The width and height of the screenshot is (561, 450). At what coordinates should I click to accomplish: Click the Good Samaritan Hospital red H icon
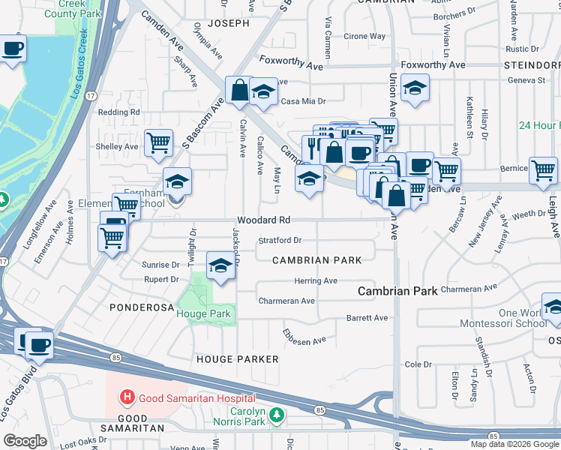click(128, 397)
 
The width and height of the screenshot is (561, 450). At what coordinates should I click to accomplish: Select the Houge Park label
click(202, 313)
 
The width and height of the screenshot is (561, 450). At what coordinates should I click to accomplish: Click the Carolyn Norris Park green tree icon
click(277, 414)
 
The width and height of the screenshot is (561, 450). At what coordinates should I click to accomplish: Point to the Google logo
click(25, 441)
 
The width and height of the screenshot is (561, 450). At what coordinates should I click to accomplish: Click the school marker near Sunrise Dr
click(220, 266)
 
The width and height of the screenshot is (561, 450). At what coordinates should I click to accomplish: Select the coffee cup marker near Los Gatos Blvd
click(39, 345)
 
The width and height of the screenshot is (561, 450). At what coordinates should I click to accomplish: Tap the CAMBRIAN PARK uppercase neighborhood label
click(316, 260)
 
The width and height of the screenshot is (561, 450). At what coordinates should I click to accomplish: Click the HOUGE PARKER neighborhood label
click(237, 359)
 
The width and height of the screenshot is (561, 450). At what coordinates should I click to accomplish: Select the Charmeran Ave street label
click(286, 301)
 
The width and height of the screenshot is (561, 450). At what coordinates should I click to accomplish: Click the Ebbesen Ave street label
click(304, 336)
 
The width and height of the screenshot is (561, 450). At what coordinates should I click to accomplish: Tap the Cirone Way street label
click(365, 36)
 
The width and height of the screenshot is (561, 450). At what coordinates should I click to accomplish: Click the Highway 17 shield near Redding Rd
click(91, 96)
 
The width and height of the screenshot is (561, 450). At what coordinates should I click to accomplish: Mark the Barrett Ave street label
click(367, 318)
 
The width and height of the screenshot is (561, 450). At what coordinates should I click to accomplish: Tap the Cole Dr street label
click(414, 364)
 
